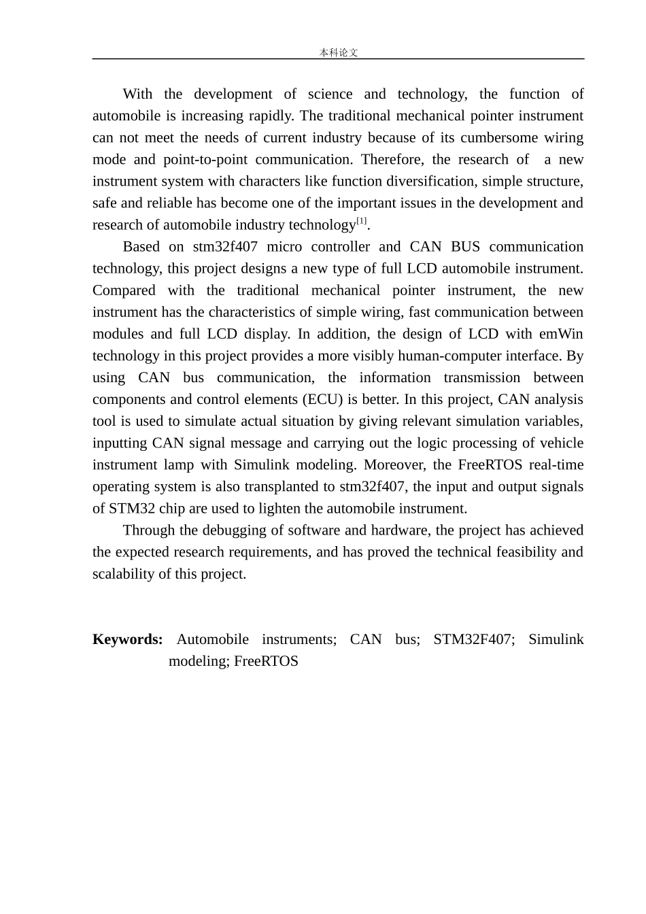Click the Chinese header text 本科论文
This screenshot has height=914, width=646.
(339, 52)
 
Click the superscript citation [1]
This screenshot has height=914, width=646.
(362, 221)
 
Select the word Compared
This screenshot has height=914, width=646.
(124, 290)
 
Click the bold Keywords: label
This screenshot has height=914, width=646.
(127, 639)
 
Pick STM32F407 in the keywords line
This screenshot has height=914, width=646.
(473, 639)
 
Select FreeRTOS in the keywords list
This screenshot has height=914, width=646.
(266, 661)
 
